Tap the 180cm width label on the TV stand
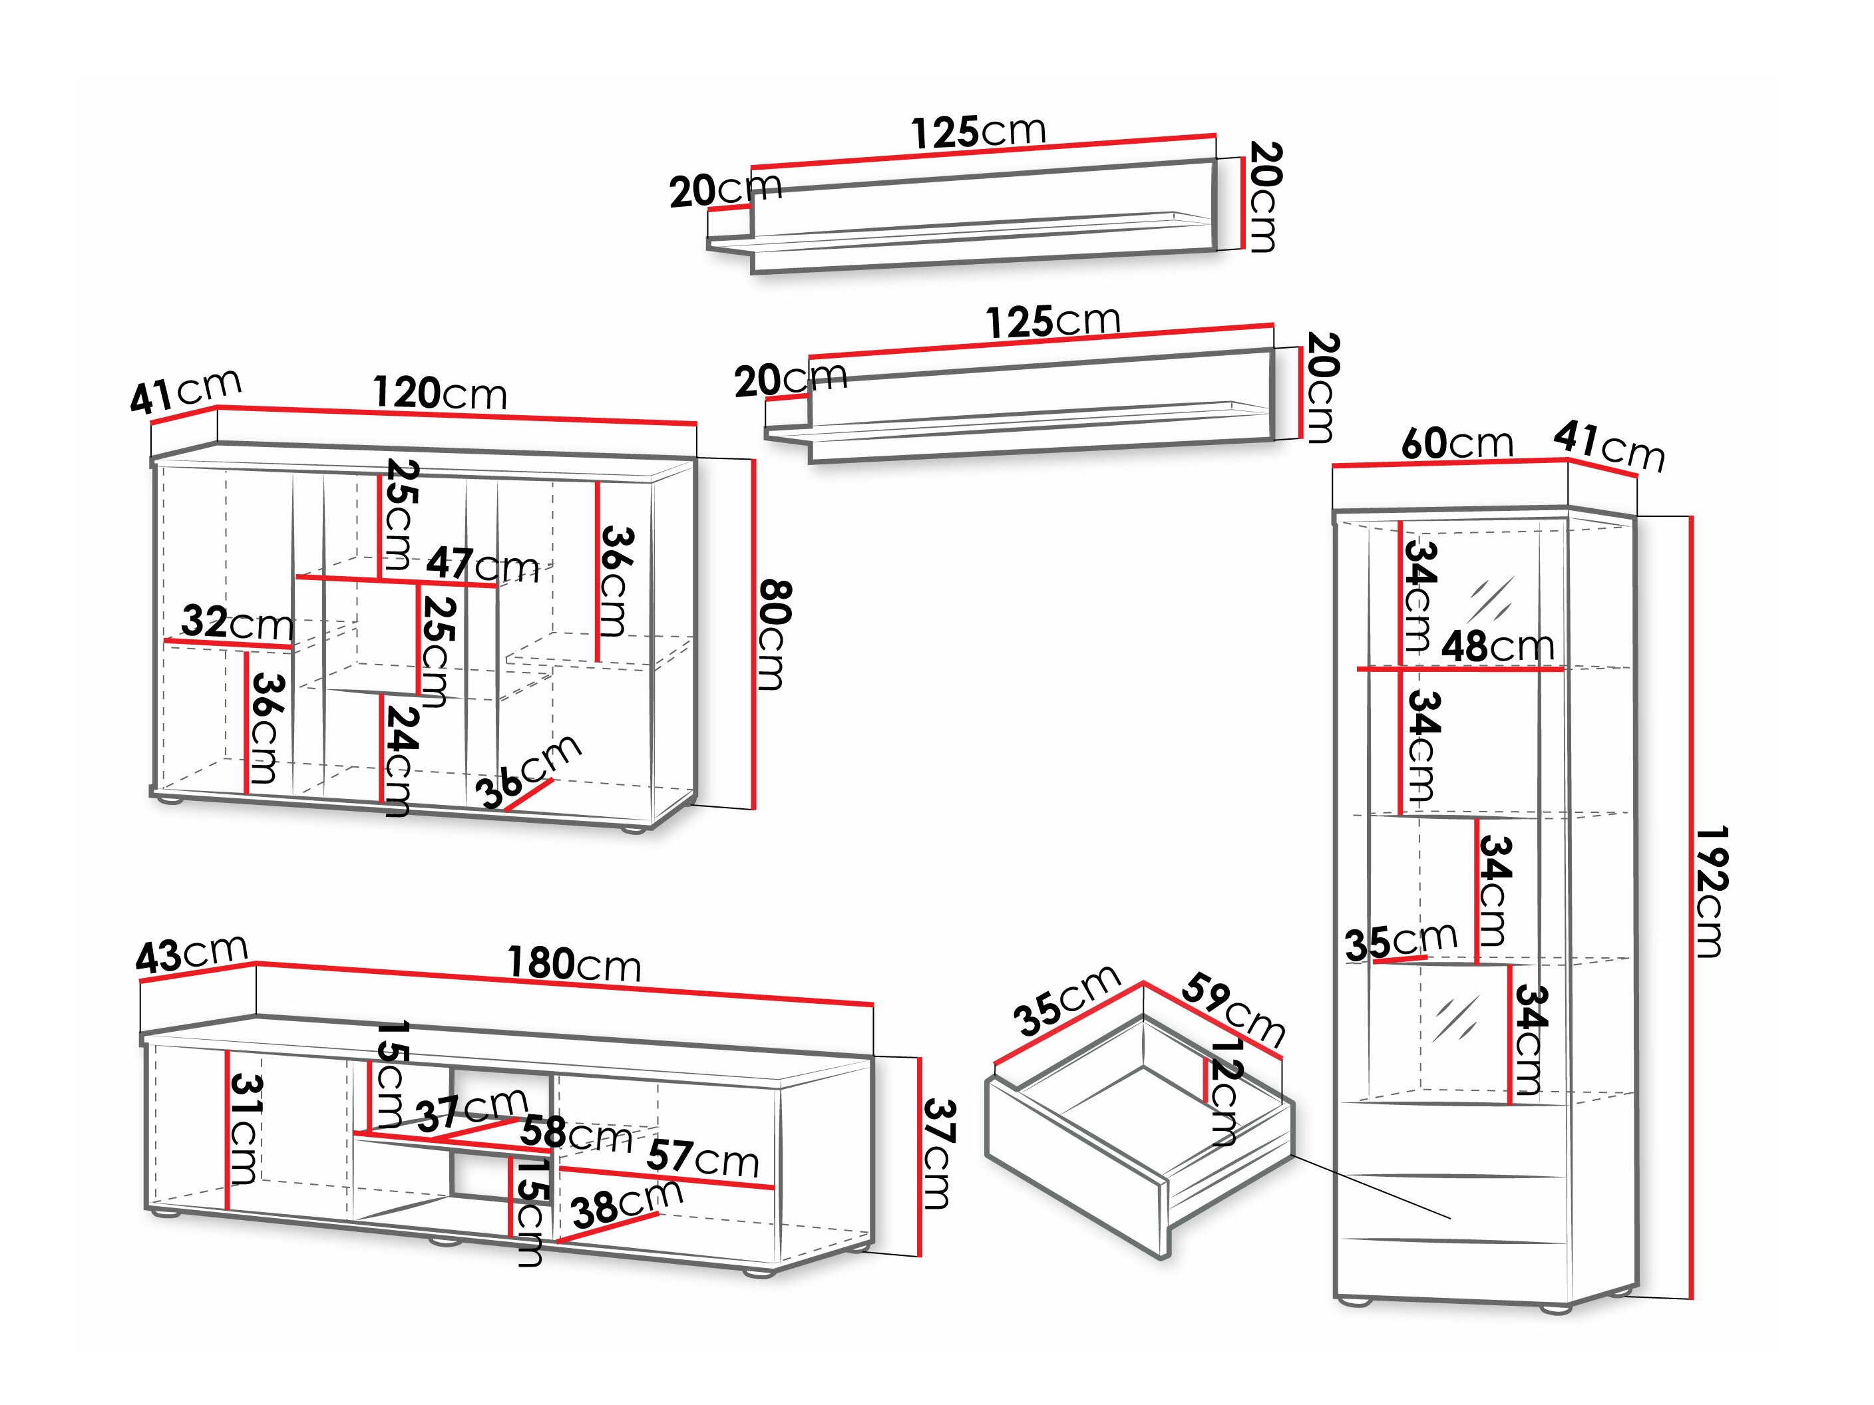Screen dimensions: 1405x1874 tap(574, 965)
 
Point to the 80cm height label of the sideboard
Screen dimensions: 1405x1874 tap(773, 635)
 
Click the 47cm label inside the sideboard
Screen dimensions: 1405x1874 tap(482, 565)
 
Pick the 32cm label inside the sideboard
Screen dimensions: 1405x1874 tap(237, 624)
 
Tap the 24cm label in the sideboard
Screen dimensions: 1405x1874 tap(398, 760)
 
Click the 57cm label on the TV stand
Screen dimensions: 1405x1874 tap(702, 1158)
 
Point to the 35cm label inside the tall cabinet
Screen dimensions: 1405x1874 tap(1400, 941)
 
